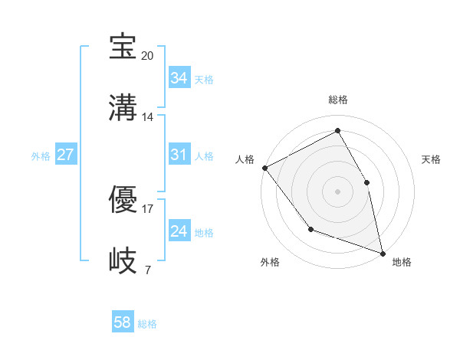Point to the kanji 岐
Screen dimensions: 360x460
pos(123,260)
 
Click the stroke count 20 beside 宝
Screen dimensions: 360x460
pos(148,55)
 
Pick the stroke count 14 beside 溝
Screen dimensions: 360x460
pos(148,116)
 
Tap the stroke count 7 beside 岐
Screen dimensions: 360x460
pos(148,270)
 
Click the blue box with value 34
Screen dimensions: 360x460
pos(179,78)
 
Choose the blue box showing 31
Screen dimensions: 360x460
pos(179,155)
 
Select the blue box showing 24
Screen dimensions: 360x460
pos(179,232)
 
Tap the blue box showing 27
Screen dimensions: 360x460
pos(65,155)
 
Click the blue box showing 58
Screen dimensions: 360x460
pos(122,322)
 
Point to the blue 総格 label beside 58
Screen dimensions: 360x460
pos(147,324)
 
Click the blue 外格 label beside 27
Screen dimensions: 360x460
pos(41,156)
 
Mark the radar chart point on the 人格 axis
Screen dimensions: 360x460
pos(264,168)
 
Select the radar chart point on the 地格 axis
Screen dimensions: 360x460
pos(382,252)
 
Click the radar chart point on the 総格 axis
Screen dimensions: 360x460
pos(337,131)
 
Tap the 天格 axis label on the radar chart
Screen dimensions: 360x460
pos(431,159)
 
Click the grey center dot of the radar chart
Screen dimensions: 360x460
pos(337,191)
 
